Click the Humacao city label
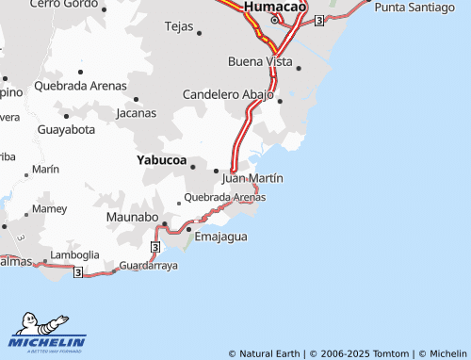click(275, 7)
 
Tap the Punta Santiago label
click(415, 7)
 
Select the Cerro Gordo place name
click(63, 4)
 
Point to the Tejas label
click(178, 26)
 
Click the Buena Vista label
click(260, 61)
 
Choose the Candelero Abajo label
click(227, 95)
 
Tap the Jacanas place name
click(137, 113)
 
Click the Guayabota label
click(66, 129)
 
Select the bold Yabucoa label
click(161, 159)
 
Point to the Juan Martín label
click(252, 177)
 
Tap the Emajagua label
click(220, 237)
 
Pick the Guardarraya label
click(149, 267)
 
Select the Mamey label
click(49, 208)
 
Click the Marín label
click(45, 169)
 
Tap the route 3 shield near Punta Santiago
click(320, 20)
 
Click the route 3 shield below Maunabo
click(155, 246)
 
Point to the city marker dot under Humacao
click(275, 20)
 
